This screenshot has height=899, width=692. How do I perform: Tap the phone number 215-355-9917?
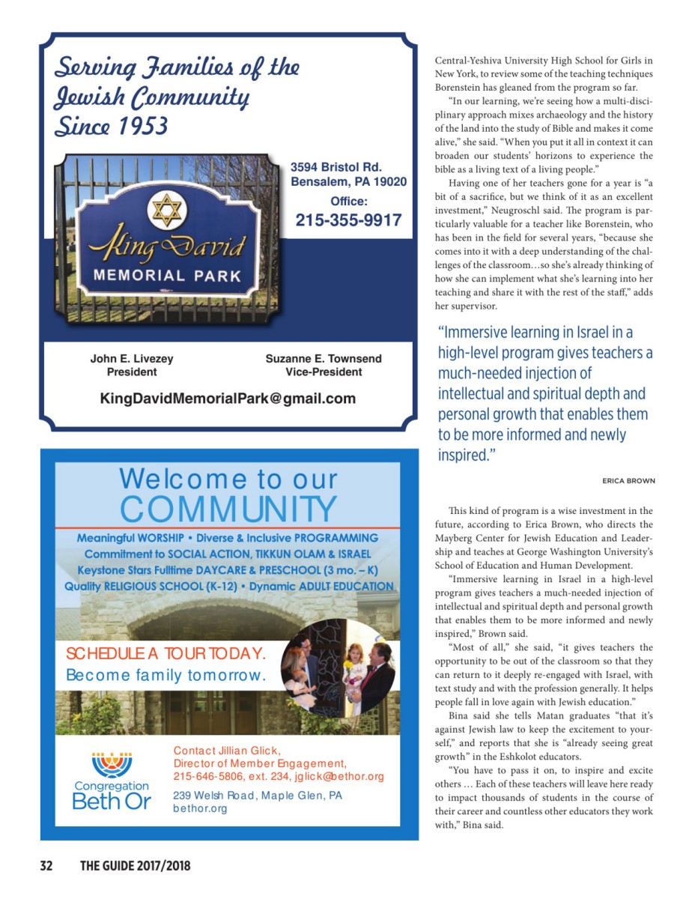[x=348, y=220]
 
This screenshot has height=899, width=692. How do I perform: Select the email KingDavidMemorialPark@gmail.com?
[x=228, y=399]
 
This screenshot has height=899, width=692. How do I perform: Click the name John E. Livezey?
[x=132, y=359]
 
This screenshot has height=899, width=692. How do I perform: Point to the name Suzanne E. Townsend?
[x=324, y=359]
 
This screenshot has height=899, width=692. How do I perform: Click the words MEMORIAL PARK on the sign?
[x=167, y=275]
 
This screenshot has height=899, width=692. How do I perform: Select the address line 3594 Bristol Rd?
[x=336, y=166]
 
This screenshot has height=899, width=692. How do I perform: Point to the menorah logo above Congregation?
[x=112, y=764]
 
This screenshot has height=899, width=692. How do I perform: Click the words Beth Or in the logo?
[x=112, y=801]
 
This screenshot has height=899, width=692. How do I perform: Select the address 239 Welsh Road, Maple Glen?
[x=257, y=795]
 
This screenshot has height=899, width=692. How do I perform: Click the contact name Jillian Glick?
[x=227, y=750]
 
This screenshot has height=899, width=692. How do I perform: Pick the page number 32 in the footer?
[x=46, y=866]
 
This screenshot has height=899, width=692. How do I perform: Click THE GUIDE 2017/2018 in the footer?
[x=136, y=866]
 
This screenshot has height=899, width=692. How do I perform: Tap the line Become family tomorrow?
[x=166, y=675]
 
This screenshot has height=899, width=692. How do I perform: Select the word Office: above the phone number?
[x=349, y=201]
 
